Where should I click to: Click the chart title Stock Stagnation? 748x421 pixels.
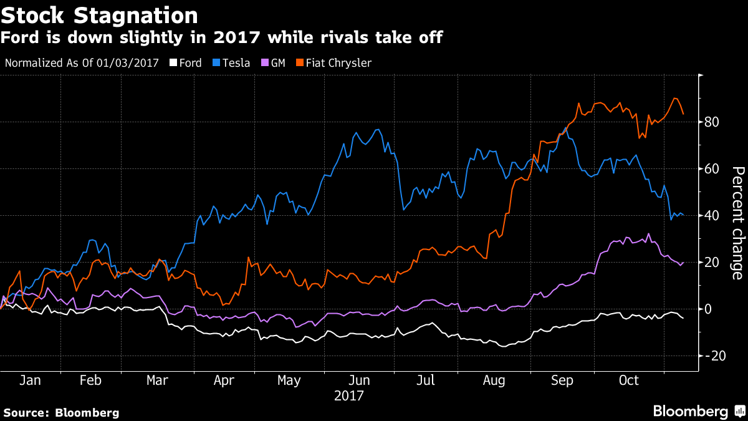[x=100, y=15]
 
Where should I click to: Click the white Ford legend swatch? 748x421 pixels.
[x=174, y=62]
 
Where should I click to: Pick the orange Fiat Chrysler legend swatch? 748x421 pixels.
[x=299, y=62]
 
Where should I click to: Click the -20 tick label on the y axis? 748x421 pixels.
[x=714, y=356]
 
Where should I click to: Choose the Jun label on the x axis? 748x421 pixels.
[x=360, y=380]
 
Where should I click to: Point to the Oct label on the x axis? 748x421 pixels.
[x=629, y=380]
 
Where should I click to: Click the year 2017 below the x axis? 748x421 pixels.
[x=349, y=395]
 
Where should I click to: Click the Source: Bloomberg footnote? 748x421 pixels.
[x=61, y=412]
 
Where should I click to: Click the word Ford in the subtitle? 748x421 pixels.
[x=20, y=38]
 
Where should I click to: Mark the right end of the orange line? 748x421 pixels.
[x=684, y=114]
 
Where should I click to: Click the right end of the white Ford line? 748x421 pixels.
[x=684, y=318]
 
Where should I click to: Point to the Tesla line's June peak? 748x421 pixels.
[x=378, y=130]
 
